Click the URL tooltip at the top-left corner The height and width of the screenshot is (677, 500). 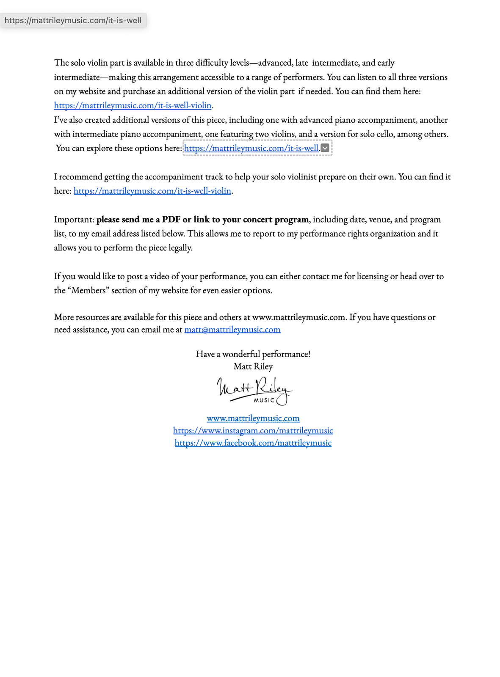(73, 20)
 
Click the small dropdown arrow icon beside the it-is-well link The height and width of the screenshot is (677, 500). (325, 148)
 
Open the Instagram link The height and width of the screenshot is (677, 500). (253, 430)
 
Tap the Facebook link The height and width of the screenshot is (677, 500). (253, 443)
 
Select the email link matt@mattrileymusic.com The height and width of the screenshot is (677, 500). (232, 329)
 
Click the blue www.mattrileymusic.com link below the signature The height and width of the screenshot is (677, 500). (253, 418)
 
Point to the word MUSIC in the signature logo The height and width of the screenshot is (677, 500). (264, 400)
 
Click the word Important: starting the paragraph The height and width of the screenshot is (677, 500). (74, 219)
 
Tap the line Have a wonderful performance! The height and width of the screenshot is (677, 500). (253, 354)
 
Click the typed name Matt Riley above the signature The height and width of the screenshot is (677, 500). (253, 366)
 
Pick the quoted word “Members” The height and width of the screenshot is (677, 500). (88, 290)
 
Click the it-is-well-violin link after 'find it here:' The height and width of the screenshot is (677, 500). (152, 191)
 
